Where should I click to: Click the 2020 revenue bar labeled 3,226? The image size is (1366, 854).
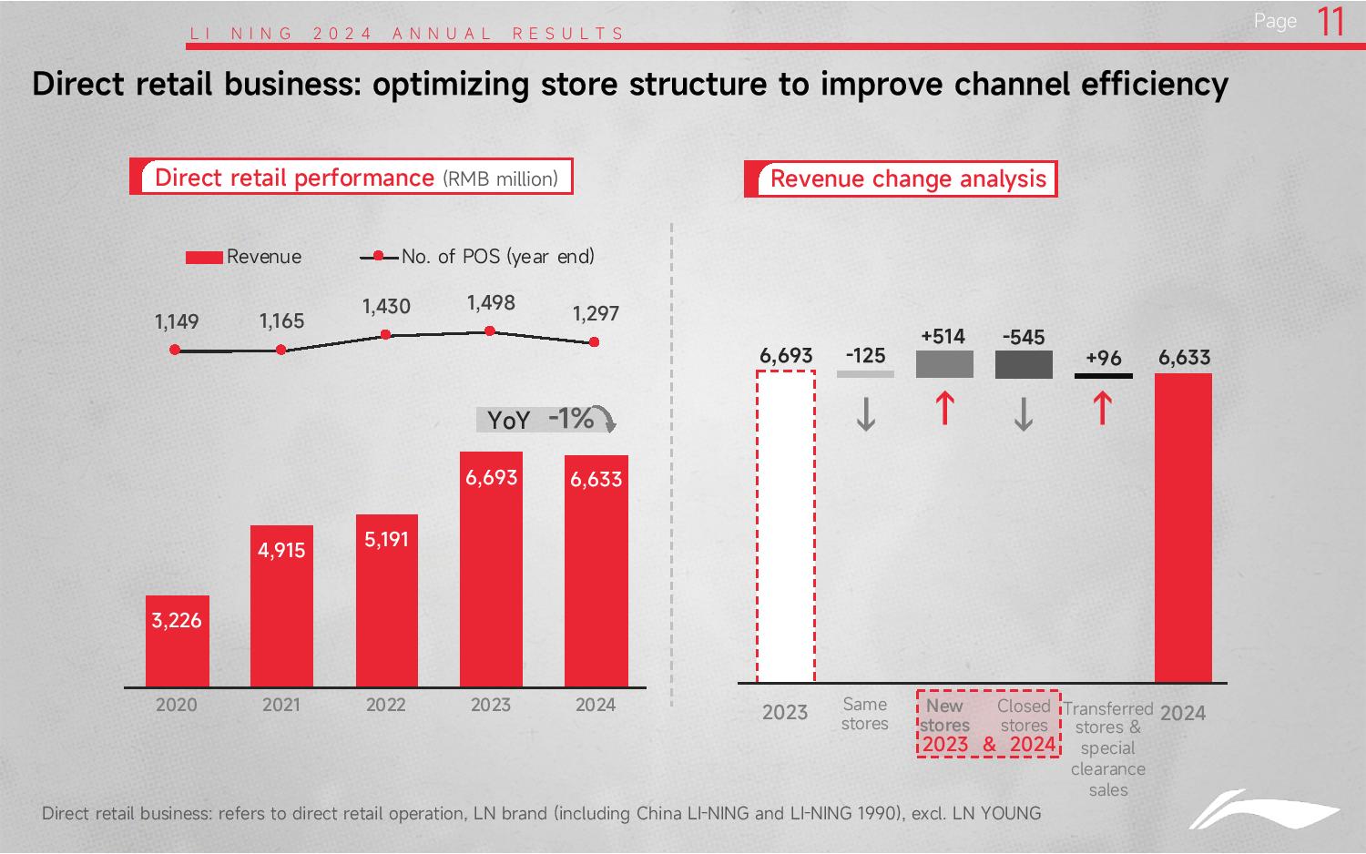(177, 641)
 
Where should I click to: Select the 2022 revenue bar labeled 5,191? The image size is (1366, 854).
(386, 601)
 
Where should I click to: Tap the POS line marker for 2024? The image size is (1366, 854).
(595, 342)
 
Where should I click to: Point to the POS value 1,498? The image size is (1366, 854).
(491, 303)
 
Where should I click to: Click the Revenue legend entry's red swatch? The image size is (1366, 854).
(204, 258)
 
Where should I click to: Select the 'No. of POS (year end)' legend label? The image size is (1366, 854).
(497, 257)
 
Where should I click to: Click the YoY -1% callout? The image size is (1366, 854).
(546, 419)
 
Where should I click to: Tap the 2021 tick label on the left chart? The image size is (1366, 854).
(280, 705)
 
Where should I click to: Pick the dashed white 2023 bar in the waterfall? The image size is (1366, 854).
(785, 526)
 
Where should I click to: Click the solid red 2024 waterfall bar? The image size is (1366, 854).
(1183, 528)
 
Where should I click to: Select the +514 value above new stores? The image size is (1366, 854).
(943, 337)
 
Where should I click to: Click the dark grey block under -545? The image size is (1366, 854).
(1024, 364)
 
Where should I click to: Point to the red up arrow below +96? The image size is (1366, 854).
(1103, 408)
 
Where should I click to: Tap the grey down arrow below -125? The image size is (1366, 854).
(866, 414)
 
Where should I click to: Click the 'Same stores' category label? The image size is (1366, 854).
(864, 714)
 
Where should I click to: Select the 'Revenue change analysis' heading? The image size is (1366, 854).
(908, 178)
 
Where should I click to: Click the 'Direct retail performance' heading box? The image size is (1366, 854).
(352, 178)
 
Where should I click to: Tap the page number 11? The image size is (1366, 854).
(1330, 22)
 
